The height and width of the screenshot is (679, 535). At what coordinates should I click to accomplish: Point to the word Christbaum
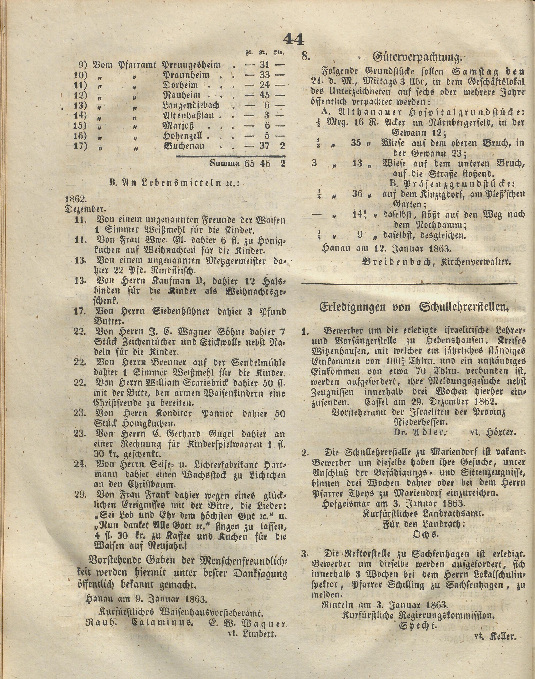(x=150, y=485)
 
